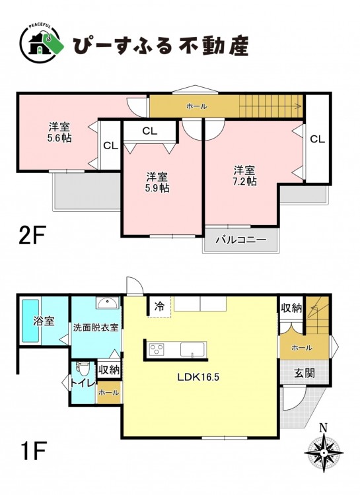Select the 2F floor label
(32, 235)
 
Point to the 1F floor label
(32, 451)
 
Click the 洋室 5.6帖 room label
(59, 133)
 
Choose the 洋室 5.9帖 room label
(157, 182)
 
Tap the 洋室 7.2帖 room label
(244, 176)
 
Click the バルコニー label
(241, 240)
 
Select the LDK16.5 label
(198, 378)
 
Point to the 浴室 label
(44, 321)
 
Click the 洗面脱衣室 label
(96, 327)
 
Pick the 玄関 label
(305, 373)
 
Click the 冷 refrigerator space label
(160, 306)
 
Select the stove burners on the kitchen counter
(157, 350)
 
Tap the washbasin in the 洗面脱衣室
(108, 304)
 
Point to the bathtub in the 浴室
(30, 321)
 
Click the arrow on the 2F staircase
(270, 106)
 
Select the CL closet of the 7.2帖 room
(317, 139)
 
